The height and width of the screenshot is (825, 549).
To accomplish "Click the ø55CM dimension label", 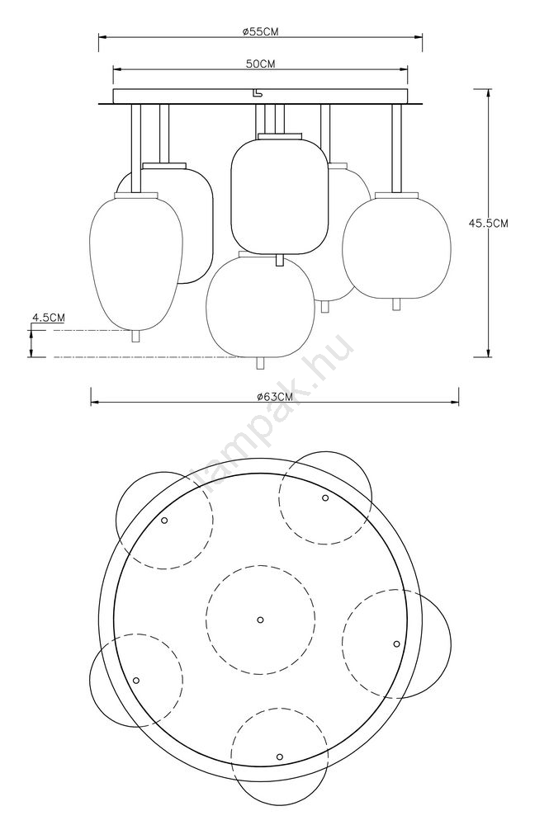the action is tap(261, 31).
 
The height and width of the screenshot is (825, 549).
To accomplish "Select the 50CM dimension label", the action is tap(261, 64).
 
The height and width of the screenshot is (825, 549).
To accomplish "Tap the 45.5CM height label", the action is tap(489, 223).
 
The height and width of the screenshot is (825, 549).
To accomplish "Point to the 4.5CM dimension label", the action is tap(49, 318).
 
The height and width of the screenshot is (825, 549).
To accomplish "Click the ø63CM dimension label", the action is tap(275, 398).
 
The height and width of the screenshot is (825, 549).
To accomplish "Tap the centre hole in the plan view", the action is tap(260, 620).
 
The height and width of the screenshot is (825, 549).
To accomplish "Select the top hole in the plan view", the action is tap(325, 497).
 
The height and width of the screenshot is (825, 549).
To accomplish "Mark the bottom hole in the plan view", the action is tap(280, 757).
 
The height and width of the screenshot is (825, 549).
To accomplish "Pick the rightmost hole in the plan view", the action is tap(396, 643).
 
